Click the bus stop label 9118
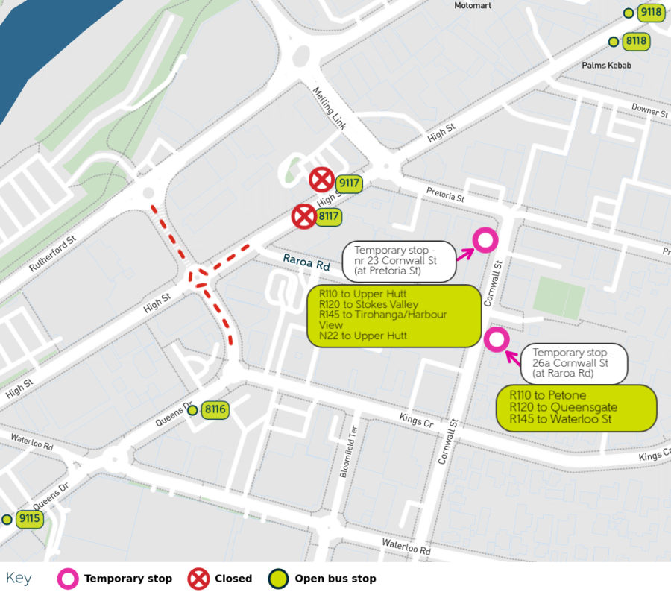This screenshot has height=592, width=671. click(x=651, y=12)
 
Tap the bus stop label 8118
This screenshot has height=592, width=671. click(x=636, y=41)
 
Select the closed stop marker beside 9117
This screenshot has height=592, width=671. click(x=321, y=180)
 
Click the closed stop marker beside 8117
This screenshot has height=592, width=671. click(x=303, y=217)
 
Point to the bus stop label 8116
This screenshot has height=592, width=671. click(x=215, y=409)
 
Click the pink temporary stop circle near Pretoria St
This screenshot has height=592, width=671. click(x=485, y=240)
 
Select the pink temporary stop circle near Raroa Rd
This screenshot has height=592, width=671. click(x=496, y=340)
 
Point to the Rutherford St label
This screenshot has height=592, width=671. click(x=53, y=254)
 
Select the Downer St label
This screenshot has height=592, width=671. click(x=649, y=111)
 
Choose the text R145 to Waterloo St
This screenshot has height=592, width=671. click(x=561, y=419)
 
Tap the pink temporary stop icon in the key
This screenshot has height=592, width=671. click(x=69, y=578)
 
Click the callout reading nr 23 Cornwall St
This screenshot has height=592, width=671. click(x=399, y=261)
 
